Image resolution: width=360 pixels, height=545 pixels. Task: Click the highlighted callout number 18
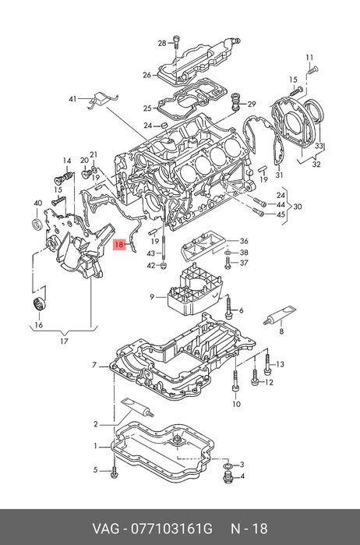tap(119, 245)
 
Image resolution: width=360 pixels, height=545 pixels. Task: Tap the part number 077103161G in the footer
tap(171, 529)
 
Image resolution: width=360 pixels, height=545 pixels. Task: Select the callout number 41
tap(72, 99)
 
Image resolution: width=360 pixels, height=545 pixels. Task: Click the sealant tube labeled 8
tap(280, 315)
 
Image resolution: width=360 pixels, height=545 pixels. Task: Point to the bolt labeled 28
tap(176, 44)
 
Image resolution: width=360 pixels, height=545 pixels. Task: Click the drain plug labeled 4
tap(227, 478)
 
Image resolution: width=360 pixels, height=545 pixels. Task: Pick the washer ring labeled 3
tap(228, 465)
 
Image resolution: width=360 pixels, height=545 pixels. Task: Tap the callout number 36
tap(245, 242)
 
